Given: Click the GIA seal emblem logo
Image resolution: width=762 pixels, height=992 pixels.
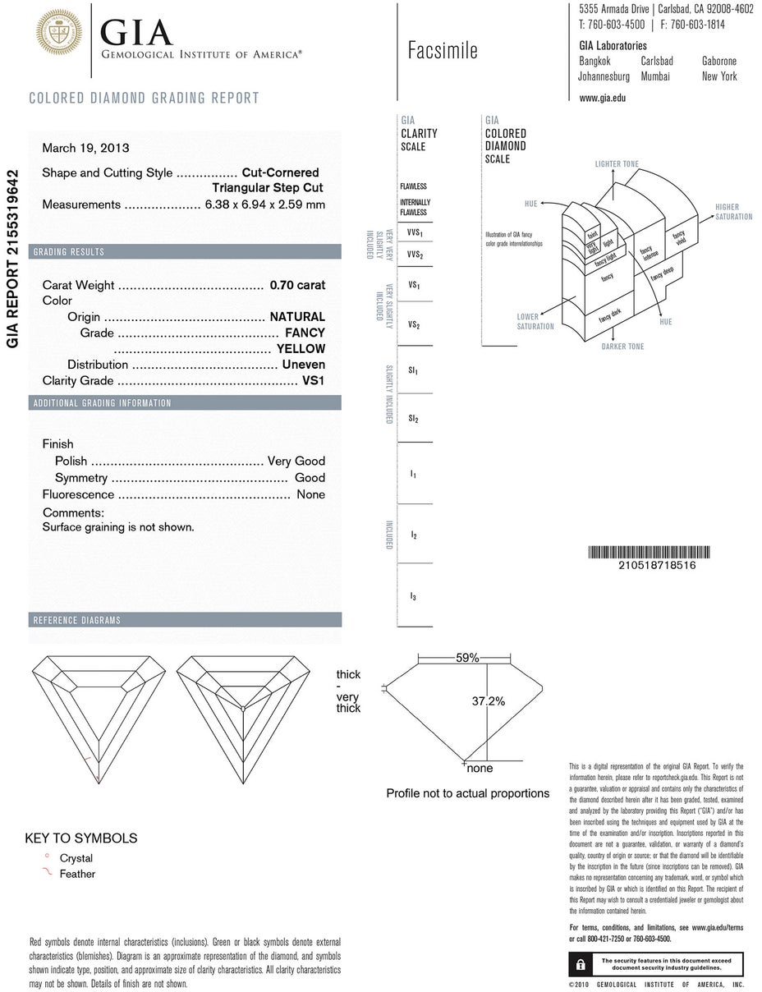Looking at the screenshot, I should (59, 33).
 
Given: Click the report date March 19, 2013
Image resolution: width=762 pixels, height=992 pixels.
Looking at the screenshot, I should (85, 149).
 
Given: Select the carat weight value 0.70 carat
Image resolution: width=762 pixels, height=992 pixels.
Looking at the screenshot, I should (297, 285).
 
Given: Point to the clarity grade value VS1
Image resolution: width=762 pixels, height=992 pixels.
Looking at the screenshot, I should (314, 380).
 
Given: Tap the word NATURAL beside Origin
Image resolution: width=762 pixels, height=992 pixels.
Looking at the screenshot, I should (297, 316).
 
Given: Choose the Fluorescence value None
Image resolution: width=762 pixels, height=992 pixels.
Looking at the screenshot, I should (311, 494).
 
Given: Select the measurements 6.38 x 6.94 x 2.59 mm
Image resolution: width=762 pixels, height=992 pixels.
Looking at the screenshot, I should (264, 204).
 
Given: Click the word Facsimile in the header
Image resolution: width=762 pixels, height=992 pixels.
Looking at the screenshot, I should (443, 51).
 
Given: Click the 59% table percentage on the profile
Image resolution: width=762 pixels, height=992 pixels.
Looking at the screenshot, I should (467, 657).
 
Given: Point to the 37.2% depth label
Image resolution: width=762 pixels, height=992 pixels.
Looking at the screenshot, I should (488, 700).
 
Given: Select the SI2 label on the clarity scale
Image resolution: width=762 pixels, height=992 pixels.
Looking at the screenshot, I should (414, 419).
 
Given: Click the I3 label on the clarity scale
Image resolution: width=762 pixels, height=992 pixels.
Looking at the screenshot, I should (414, 596).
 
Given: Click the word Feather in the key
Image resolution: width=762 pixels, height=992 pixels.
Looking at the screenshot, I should (77, 874).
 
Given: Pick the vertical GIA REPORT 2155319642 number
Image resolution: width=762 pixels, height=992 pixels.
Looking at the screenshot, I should (12, 259).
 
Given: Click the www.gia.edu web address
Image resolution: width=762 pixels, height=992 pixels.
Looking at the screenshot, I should (602, 98).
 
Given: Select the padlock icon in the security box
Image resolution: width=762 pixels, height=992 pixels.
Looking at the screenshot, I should (581, 963).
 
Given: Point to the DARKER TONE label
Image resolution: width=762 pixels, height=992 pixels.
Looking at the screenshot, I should (622, 347).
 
